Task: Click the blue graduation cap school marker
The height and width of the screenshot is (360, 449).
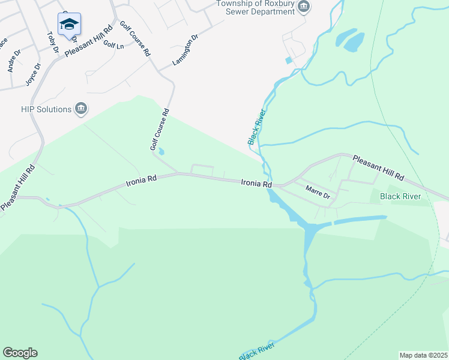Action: (69, 25)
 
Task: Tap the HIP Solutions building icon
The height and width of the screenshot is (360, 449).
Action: (81, 109)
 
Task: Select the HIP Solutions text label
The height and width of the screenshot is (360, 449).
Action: (45, 109)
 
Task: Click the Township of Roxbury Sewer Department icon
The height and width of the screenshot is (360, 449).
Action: (304, 7)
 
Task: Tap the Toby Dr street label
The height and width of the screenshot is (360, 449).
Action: (52, 41)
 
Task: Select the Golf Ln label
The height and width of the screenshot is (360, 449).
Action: (113, 44)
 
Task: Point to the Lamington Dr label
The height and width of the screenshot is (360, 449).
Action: (185, 51)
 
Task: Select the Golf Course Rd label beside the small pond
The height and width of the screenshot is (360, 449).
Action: (160, 130)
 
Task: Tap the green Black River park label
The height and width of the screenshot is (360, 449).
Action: (404, 196)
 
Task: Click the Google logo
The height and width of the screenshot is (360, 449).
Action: (20, 353)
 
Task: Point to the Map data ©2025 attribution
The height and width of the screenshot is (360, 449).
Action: (423, 355)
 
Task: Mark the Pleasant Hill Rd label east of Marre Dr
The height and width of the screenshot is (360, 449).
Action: (378, 169)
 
